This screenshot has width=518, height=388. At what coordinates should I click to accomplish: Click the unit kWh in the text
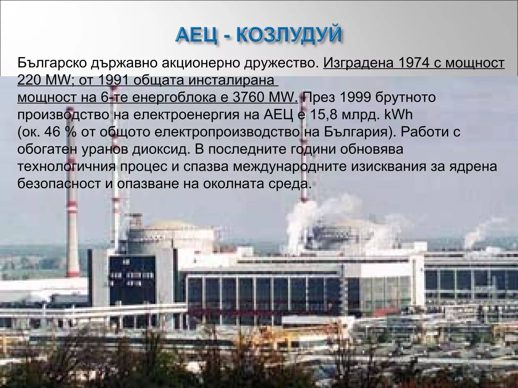398,115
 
